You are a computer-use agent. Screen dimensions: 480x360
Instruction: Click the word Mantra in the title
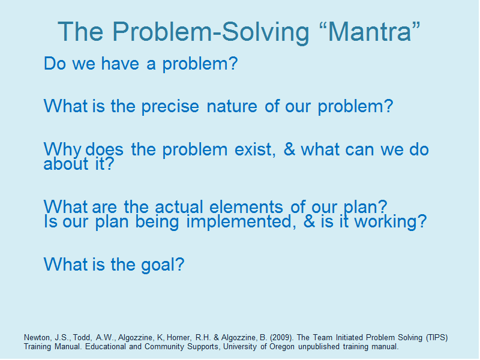point(370,32)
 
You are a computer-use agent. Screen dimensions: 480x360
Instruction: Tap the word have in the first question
point(120,64)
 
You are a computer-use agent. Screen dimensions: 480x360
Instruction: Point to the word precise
point(170,107)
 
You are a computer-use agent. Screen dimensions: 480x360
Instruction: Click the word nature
point(232,107)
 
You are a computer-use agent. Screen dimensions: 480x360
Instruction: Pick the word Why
point(62,149)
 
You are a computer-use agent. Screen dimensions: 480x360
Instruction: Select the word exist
point(255,149)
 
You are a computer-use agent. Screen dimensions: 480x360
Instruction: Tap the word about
point(66,164)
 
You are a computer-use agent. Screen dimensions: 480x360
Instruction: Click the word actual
point(179,207)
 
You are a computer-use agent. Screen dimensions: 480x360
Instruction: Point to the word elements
point(246,207)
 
